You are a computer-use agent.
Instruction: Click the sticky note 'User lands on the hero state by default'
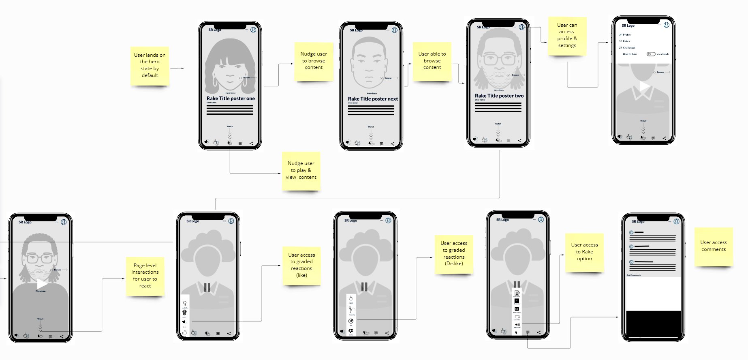(x=150, y=65)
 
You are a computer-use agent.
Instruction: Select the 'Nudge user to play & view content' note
(x=301, y=170)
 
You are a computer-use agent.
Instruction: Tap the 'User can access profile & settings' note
(x=567, y=35)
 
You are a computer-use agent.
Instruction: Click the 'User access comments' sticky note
(x=714, y=246)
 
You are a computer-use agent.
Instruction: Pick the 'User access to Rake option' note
(x=584, y=252)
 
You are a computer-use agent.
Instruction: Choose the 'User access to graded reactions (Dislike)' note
(x=454, y=253)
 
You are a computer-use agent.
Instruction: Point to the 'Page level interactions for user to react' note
(x=145, y=276)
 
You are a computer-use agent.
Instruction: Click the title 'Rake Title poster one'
(x=231, y=99)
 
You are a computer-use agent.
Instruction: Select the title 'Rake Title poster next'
(x=373, y=99)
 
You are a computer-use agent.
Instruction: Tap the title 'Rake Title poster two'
(x=499, y=96)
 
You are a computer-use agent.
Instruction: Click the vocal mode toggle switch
(x=651, y=54)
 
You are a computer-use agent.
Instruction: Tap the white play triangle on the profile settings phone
(x=643, y=86)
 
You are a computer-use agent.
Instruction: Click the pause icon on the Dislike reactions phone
(x=364, y=287)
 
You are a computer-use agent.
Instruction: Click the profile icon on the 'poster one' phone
(x=253, y=30)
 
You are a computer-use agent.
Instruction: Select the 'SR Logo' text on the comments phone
(x=638, y=222)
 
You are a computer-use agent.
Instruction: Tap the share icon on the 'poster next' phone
(x=392, y=144)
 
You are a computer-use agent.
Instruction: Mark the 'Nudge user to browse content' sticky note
(x=314, y=60)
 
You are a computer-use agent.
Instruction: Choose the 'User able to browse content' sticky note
(x=432, y=60)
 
